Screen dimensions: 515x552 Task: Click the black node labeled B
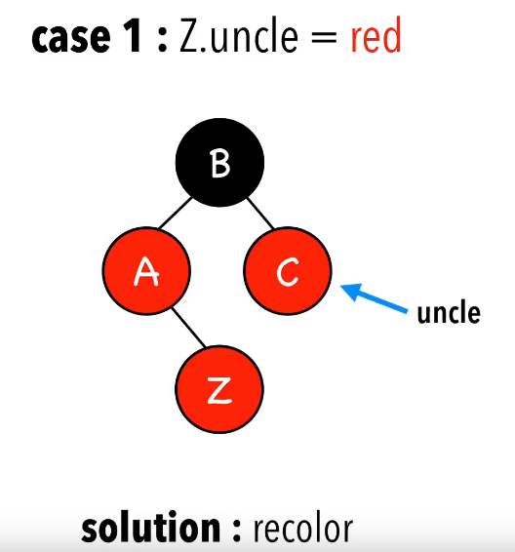219,162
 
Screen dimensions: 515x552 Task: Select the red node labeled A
146,270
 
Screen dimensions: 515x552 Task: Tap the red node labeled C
287,270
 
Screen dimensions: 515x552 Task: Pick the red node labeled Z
219,389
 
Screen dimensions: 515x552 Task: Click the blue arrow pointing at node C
374,297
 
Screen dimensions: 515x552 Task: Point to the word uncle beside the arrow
449,312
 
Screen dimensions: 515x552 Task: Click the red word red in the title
376,35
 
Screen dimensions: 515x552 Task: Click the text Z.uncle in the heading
239,35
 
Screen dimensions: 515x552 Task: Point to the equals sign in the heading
324,37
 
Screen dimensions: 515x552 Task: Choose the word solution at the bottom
151,527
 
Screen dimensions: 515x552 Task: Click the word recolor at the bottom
303,528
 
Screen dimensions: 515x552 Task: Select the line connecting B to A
175,213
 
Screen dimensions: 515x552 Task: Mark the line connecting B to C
260,214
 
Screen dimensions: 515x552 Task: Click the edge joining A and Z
188,328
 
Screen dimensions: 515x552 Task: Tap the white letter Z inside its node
219,390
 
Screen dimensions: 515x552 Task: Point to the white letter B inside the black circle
220,163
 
